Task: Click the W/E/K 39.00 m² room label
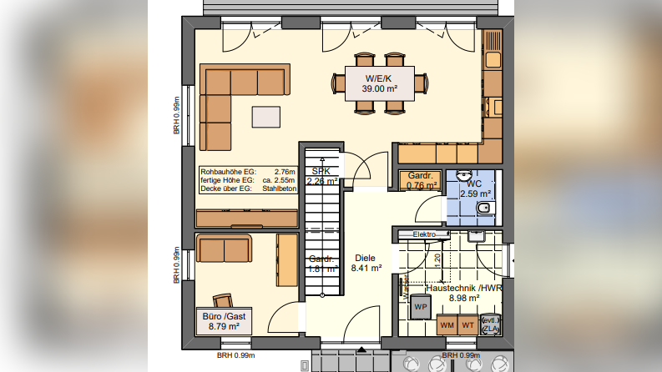point(379,83)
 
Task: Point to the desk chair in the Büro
point(224,299)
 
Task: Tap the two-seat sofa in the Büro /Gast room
point(223,248)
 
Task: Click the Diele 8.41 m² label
point(367,264)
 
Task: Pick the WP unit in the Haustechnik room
point(419,306)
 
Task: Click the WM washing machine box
point(447,324)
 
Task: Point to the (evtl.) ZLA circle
point(492,324)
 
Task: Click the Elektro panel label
point(424,234)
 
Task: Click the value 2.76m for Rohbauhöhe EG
point(286,171)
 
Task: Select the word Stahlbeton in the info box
point(280,189)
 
